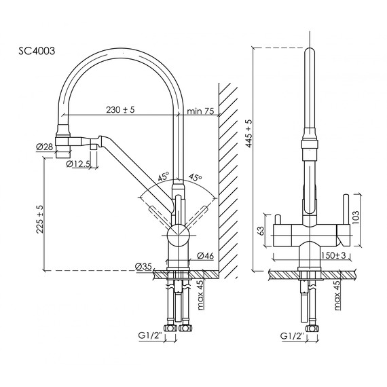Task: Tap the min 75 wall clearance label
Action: [200, 110]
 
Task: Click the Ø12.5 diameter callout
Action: [79, 164]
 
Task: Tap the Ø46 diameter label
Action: [206, 255]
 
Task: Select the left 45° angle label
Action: [163, 176]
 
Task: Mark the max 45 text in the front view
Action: [337, 294]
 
